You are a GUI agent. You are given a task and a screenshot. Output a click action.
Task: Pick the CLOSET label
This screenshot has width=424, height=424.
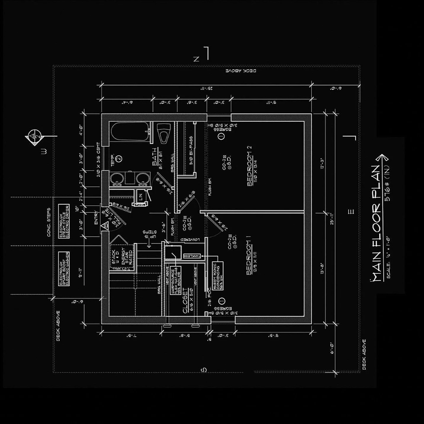click(x=185, y=300)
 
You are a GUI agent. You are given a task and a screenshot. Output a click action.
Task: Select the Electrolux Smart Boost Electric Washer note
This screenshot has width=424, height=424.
click(x=64, y=269)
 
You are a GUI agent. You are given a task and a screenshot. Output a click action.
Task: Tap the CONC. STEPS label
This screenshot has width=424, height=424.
click(x=49, y=222)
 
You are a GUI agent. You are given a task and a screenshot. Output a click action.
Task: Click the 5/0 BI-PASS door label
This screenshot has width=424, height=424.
click(x=191, y=150)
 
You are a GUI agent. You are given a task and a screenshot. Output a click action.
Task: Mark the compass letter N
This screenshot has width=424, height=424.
click(x=196, y=59)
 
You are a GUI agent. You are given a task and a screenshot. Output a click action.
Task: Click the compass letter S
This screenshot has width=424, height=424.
click(x=204, y=370)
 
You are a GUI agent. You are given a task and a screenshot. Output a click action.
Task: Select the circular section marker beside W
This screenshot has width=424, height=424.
click(x=35, y=136)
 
